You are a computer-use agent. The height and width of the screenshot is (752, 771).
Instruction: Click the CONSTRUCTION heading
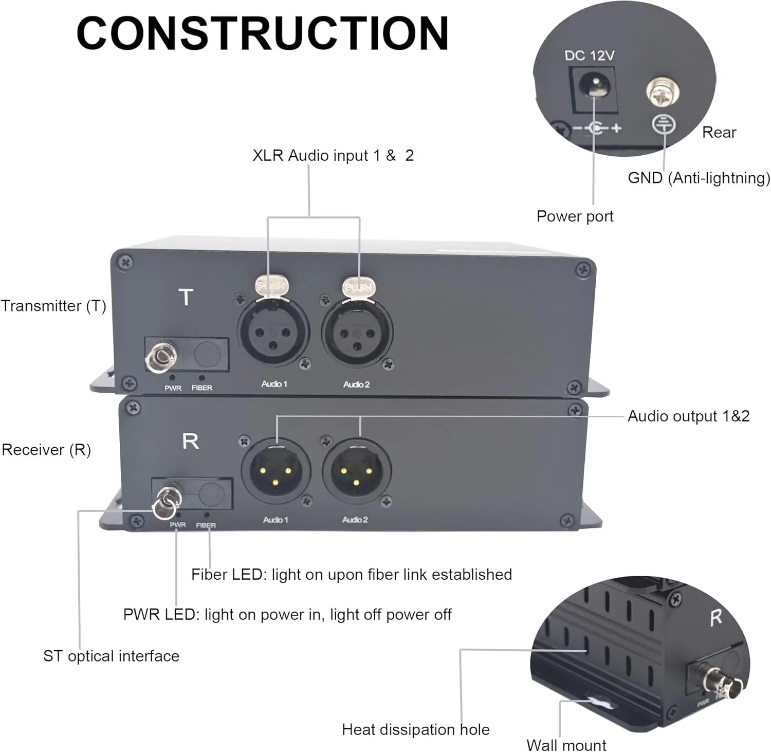pyautogui.click(x=263, y=33)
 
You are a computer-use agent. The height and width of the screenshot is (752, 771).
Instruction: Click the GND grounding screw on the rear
pyautogui.click(x=663, y=93)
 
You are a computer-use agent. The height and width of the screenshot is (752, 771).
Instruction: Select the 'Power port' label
pyautogui.click(x=575, y=216)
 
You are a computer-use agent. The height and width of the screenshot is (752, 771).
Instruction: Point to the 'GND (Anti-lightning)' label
pyautogui.click(x=699, y=178)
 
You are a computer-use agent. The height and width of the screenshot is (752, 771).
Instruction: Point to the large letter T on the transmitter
pyautogui.click(x=186, y=297)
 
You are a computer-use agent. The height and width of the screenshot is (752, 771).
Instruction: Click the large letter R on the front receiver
pyautogui.click(x=190, y=441)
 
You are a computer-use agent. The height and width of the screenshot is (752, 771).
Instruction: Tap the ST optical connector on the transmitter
pyautogui.click(x=160, y=356)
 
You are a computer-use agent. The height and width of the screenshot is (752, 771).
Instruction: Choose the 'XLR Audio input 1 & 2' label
pyautogui.click(x=333, y=155)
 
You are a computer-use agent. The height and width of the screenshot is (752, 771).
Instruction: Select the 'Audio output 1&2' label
pyautogui.click(x=688, y=416)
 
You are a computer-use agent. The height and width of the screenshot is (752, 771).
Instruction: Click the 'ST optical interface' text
pyautogui.click(x=111, y=656)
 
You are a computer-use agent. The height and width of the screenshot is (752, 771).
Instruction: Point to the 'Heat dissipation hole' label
pyautogui.click(x=415, y=729)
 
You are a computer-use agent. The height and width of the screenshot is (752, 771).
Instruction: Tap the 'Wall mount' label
pyautogui.click(x=566, y=745)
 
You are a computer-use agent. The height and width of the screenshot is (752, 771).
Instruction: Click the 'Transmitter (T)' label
pyautogui.click(x=53, y=306)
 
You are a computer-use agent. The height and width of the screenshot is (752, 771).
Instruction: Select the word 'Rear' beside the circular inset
pyautogui.click(x=719, y=132)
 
